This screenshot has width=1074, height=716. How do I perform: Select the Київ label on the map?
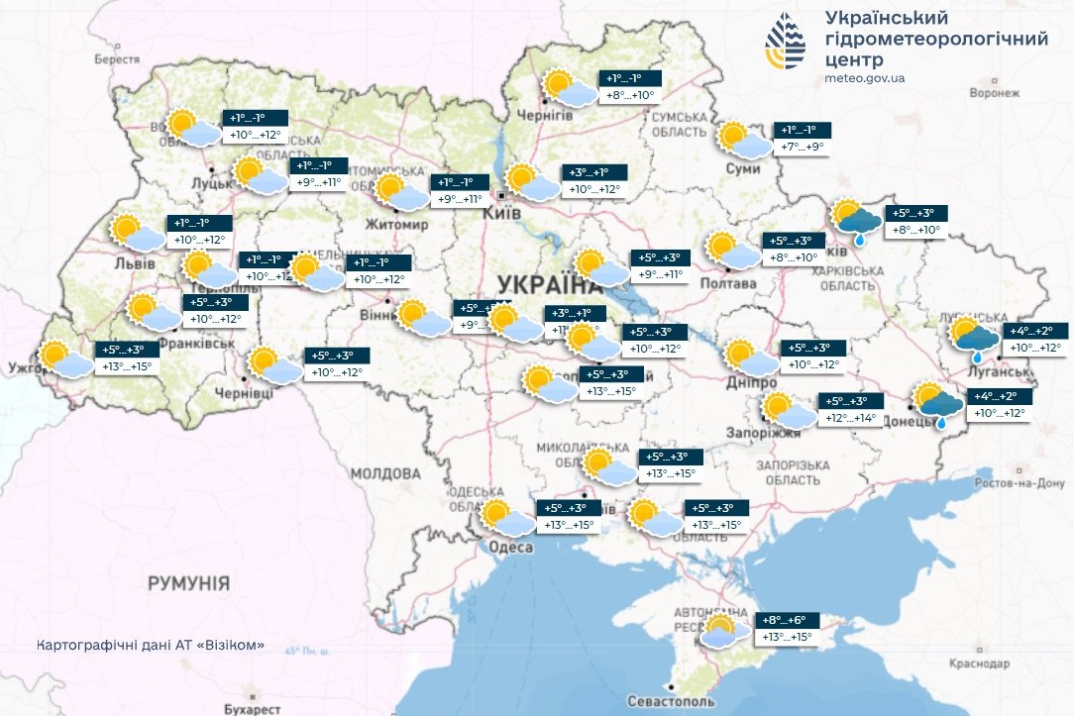coord(495,213)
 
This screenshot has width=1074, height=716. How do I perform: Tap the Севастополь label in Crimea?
coord(671,701)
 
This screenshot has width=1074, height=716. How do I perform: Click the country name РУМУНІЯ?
coord(189,583)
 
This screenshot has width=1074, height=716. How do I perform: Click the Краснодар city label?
coord(1006,664)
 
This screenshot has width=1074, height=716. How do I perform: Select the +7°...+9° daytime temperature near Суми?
coord(803,148)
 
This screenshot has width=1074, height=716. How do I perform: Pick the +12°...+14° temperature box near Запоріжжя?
coord(849,419)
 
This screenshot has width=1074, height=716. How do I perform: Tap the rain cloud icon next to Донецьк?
coord(937,404)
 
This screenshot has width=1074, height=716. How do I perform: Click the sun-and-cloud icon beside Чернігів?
coord(570,88)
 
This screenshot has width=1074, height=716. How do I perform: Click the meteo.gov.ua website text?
coord(864,78)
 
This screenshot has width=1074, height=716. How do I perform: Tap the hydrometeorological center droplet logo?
coord(786,44)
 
